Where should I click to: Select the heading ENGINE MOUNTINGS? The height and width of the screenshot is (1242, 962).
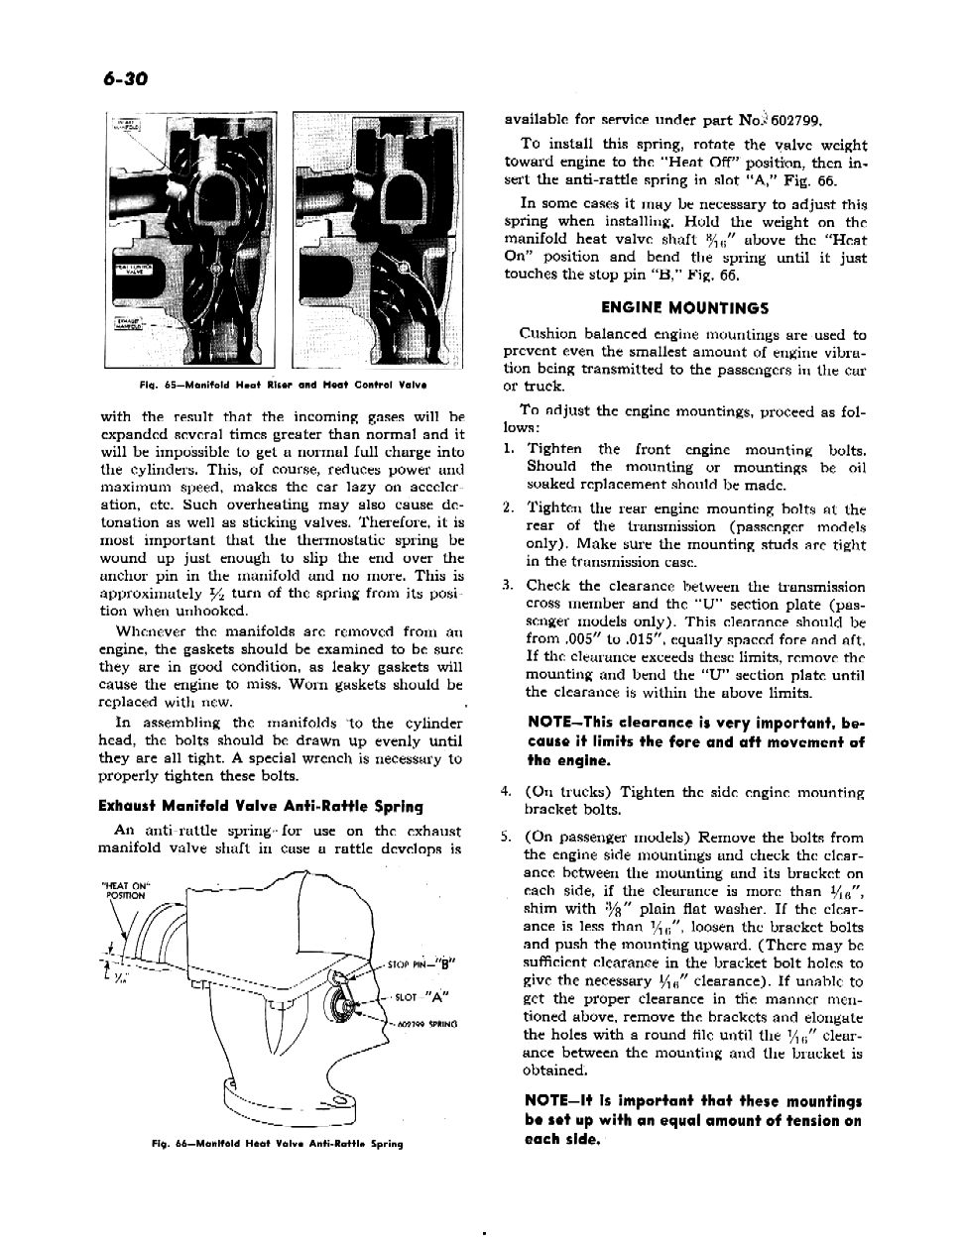click(x=685, y=307)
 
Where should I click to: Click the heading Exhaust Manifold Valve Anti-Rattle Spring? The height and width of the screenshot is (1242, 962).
click(x=261, y=806)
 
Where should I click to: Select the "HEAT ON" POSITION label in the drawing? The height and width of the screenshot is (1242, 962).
click(x=123, y=889)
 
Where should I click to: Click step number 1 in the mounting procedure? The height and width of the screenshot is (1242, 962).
click(x=507, y=449)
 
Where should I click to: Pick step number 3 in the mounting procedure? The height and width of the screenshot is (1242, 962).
click(x=507, y=586)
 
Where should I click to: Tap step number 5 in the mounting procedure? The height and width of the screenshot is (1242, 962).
click(x=507, y=837)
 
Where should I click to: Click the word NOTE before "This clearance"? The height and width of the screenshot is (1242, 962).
click(x=550, y=724)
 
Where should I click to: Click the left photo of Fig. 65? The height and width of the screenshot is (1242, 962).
click(x=193, y=240)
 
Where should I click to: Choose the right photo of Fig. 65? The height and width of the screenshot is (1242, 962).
click(x=378, y=240)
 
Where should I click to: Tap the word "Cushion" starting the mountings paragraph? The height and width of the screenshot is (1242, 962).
click(x=546, y=335)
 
